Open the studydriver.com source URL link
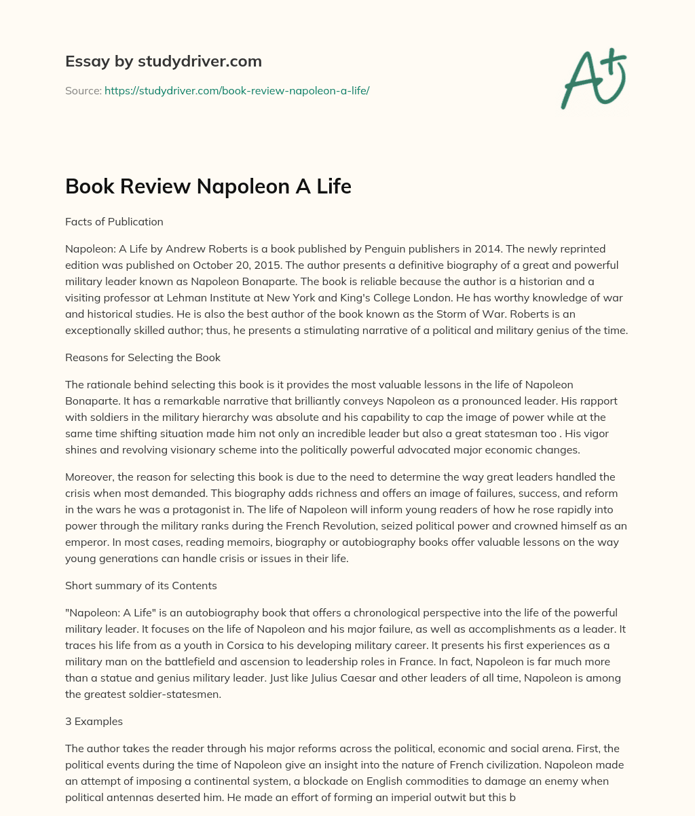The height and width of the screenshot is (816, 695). tap(237, 90)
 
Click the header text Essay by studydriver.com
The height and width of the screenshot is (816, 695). tap(163, 61)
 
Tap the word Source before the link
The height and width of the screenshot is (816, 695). tap(83, 90)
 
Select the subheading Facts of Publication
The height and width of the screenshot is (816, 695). tap(114, 221)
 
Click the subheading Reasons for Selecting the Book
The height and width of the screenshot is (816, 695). tap(143, 357)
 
